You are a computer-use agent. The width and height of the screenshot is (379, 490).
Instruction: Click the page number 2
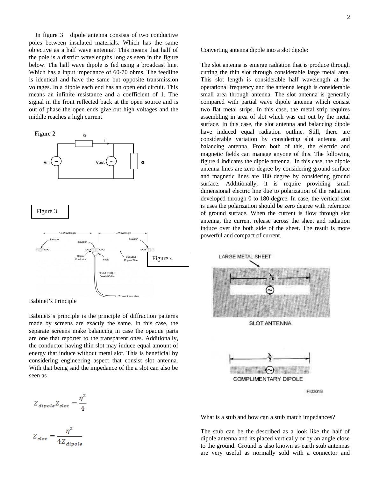348,17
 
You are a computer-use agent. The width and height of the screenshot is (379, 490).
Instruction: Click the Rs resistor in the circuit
84,143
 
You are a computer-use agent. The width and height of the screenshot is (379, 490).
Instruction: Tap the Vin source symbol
56,162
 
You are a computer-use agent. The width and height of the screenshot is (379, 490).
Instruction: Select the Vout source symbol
111,162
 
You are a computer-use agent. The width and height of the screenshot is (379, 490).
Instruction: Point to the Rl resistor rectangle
134,161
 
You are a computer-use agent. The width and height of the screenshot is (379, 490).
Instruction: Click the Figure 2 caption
45,134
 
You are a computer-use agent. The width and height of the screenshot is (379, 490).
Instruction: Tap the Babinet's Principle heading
53,301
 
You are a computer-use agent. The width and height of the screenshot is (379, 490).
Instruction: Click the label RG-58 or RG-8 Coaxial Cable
107,275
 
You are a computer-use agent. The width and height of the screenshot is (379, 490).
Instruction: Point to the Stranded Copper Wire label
131,259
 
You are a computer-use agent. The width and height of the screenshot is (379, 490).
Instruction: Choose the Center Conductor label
81,258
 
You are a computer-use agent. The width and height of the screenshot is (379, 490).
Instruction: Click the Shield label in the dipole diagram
105,260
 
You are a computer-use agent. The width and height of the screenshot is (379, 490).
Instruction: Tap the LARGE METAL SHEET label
245,256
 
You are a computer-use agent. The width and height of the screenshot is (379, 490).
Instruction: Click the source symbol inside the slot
270,290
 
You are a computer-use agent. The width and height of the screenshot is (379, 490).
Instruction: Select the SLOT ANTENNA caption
270,323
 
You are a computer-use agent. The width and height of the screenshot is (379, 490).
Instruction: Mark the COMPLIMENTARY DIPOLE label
268,379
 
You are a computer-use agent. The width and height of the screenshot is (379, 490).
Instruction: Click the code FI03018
315,391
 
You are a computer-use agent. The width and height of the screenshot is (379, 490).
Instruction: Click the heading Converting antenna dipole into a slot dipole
254,50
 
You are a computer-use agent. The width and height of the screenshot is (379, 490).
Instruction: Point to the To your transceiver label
129,296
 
